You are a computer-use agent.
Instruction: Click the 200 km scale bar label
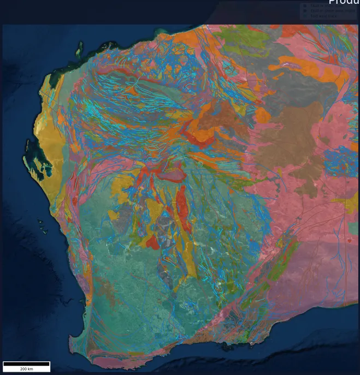coord(26,369)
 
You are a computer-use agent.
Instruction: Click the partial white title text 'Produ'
coord(344,3)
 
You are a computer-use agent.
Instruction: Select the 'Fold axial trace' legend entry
coord(323,16)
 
